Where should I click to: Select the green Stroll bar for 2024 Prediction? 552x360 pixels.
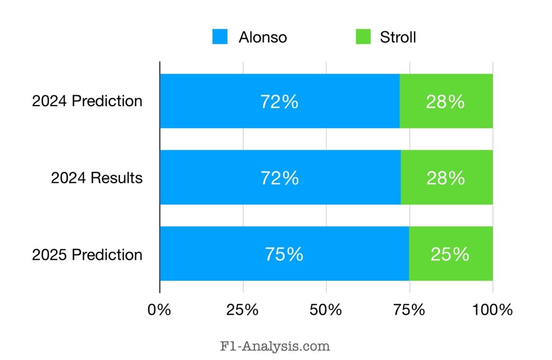(446, 101)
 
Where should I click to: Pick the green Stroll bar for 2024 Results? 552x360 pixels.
(446, 177)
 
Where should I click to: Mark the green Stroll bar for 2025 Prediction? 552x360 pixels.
(451, 254)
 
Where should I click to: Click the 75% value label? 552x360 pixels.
(284, 254)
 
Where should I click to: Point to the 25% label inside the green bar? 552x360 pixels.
(450, 254)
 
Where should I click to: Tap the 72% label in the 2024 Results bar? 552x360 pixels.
(280, 178)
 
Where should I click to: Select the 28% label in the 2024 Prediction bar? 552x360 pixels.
(445, 101)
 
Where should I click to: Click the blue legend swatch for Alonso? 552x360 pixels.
(219, 37)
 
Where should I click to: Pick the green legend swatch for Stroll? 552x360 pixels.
(363, 37)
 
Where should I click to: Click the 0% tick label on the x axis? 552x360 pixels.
(160, 310)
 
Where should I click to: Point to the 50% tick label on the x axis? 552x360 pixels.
(326, 310)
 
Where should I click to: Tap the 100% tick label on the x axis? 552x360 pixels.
(493, 310)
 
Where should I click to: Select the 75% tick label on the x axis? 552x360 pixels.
(409, 310)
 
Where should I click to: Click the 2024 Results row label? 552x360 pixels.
(97, 178)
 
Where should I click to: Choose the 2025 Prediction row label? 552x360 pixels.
(87, 254)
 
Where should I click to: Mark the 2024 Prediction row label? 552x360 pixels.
(87, 101)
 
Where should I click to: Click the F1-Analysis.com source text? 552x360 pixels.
(275, 346)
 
